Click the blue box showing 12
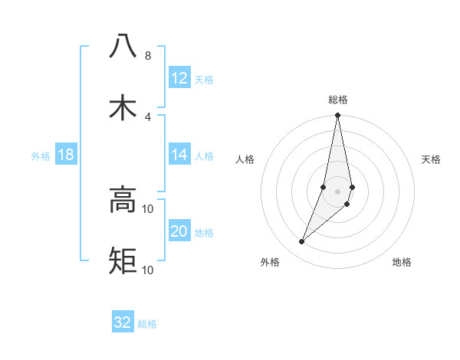click(x=179, y=78)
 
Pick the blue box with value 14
click(x=179, y=155)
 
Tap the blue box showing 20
click(x=179, y=231)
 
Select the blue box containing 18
click(x=65, y=155)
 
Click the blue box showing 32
click(x=123, y=322)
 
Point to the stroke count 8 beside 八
click(x=148, y=56)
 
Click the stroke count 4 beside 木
click(x=148, y=117)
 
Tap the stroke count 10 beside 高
click(x=148, y=209)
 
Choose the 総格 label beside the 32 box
click(x=147, y=324)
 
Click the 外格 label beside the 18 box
click(x=41, y=156)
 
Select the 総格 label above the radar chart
click(x=338, y=100)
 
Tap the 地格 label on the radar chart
click(x=402, y=262)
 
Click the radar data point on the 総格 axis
click(x=338, y=116)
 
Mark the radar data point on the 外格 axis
click(x=302, y=241)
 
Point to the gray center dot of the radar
click(x=338, y=191)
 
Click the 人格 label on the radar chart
click(x=245, y=159)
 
